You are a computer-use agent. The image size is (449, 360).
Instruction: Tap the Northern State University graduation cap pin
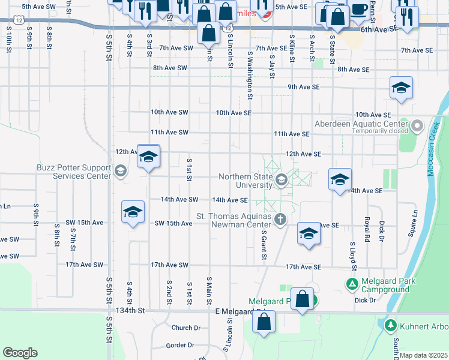click(x=281, y=179)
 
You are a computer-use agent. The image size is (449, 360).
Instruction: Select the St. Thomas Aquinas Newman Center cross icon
click(x=280, y=220)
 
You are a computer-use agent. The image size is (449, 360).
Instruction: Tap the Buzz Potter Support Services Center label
click(x=74, y=172)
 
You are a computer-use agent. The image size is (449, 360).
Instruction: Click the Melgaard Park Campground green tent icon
click(x=353, y=283)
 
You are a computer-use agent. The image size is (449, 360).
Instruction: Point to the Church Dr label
click(x=185, y=328)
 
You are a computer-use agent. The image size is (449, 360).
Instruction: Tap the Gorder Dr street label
click(x=181, y=345)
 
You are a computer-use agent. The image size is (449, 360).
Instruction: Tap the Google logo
click(x=20, y=353)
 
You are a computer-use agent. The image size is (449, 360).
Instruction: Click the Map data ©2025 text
click(x=424, y=355)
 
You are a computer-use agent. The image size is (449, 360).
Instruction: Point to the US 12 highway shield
click(x=21, y=20)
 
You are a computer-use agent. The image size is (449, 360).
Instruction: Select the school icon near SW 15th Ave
click(x=133, y=212)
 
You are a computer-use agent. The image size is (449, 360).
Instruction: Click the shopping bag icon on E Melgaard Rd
click(x=264, y=322)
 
